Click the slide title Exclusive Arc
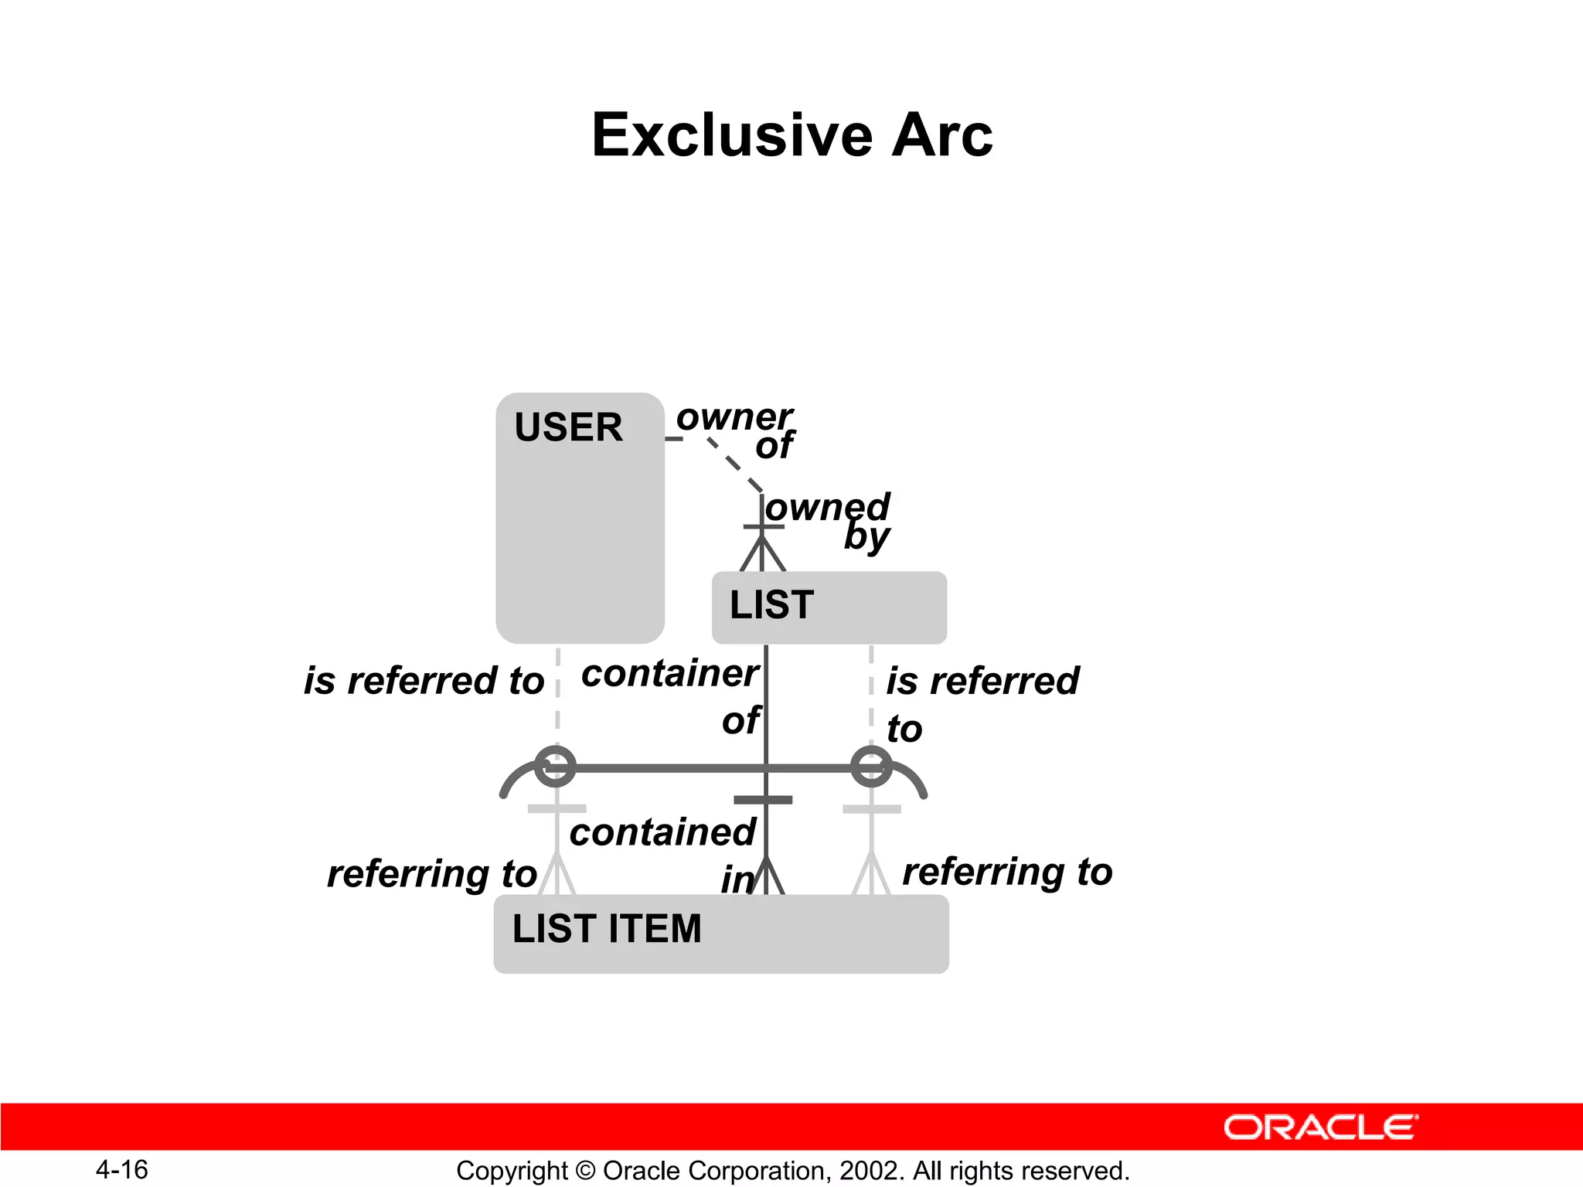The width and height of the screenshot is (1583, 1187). pyautogui.click(x=791, y=135)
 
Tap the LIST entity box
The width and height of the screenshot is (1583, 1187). pyautogui.click(x=829, y=607)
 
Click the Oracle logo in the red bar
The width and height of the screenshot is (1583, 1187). pyautogui.click(x=1320, y=1127)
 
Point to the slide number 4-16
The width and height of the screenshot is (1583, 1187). pyautogui.click(x=122, y=1169)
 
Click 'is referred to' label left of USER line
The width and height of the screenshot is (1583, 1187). pyautogui.click(x=424, y=681)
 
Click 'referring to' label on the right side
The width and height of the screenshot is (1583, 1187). pyautogui.click(x=1007, y=872)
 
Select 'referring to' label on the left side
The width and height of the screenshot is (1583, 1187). pyautogui.click(x=431, y=874)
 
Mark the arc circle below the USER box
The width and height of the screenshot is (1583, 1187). pyautogui.click(x=555, y=767)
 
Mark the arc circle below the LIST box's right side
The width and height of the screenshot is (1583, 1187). pyautogui.click(x=871, y=767)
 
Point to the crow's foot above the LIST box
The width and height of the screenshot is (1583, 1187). pyautogui.click(x=763, y=553)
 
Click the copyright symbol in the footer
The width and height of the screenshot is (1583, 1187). pyautogui.click(x=585, y=1171)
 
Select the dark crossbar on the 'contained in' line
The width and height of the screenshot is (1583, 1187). pyautogui.click(x=763, y=800)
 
